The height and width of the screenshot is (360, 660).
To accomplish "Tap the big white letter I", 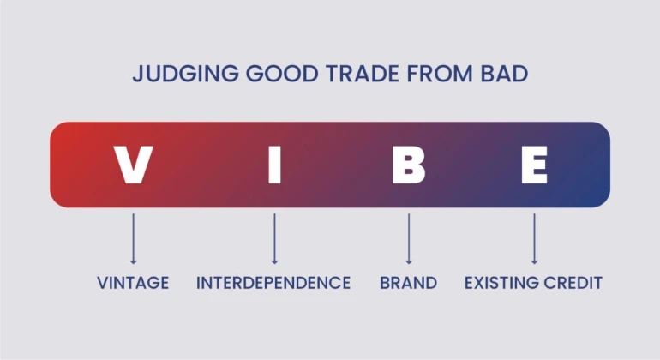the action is click(x=274, y=165).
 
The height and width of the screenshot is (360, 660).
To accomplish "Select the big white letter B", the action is click(x=408, y=165).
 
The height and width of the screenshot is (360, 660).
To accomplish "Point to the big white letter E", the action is click(x=534, y=165).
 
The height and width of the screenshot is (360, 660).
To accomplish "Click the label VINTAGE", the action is click(x=133, y=283).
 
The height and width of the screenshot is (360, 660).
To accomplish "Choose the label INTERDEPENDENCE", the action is click(x=273, y=283).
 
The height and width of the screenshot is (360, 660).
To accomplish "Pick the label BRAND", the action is click(x=408, y=283).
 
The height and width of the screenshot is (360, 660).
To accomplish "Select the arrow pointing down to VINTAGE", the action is click(x=134, y=239).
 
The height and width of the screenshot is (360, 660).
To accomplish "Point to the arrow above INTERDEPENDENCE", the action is click(x=274, y=239).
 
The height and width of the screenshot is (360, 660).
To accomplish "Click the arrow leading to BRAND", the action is click(x=408, y=239).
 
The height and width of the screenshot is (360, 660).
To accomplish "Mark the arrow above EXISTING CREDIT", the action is click(x=534, y=239).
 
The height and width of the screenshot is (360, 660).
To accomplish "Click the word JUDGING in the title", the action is click(x=186, y=73).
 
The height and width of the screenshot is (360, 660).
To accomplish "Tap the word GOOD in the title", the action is click(x=282, y=73).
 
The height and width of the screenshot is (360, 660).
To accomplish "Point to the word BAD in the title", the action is click(x=504, y=73).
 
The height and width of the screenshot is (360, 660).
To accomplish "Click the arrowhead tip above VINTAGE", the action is click(x=134, y=264).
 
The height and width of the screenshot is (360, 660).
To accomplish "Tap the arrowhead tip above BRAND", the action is click(x=408, y=264).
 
